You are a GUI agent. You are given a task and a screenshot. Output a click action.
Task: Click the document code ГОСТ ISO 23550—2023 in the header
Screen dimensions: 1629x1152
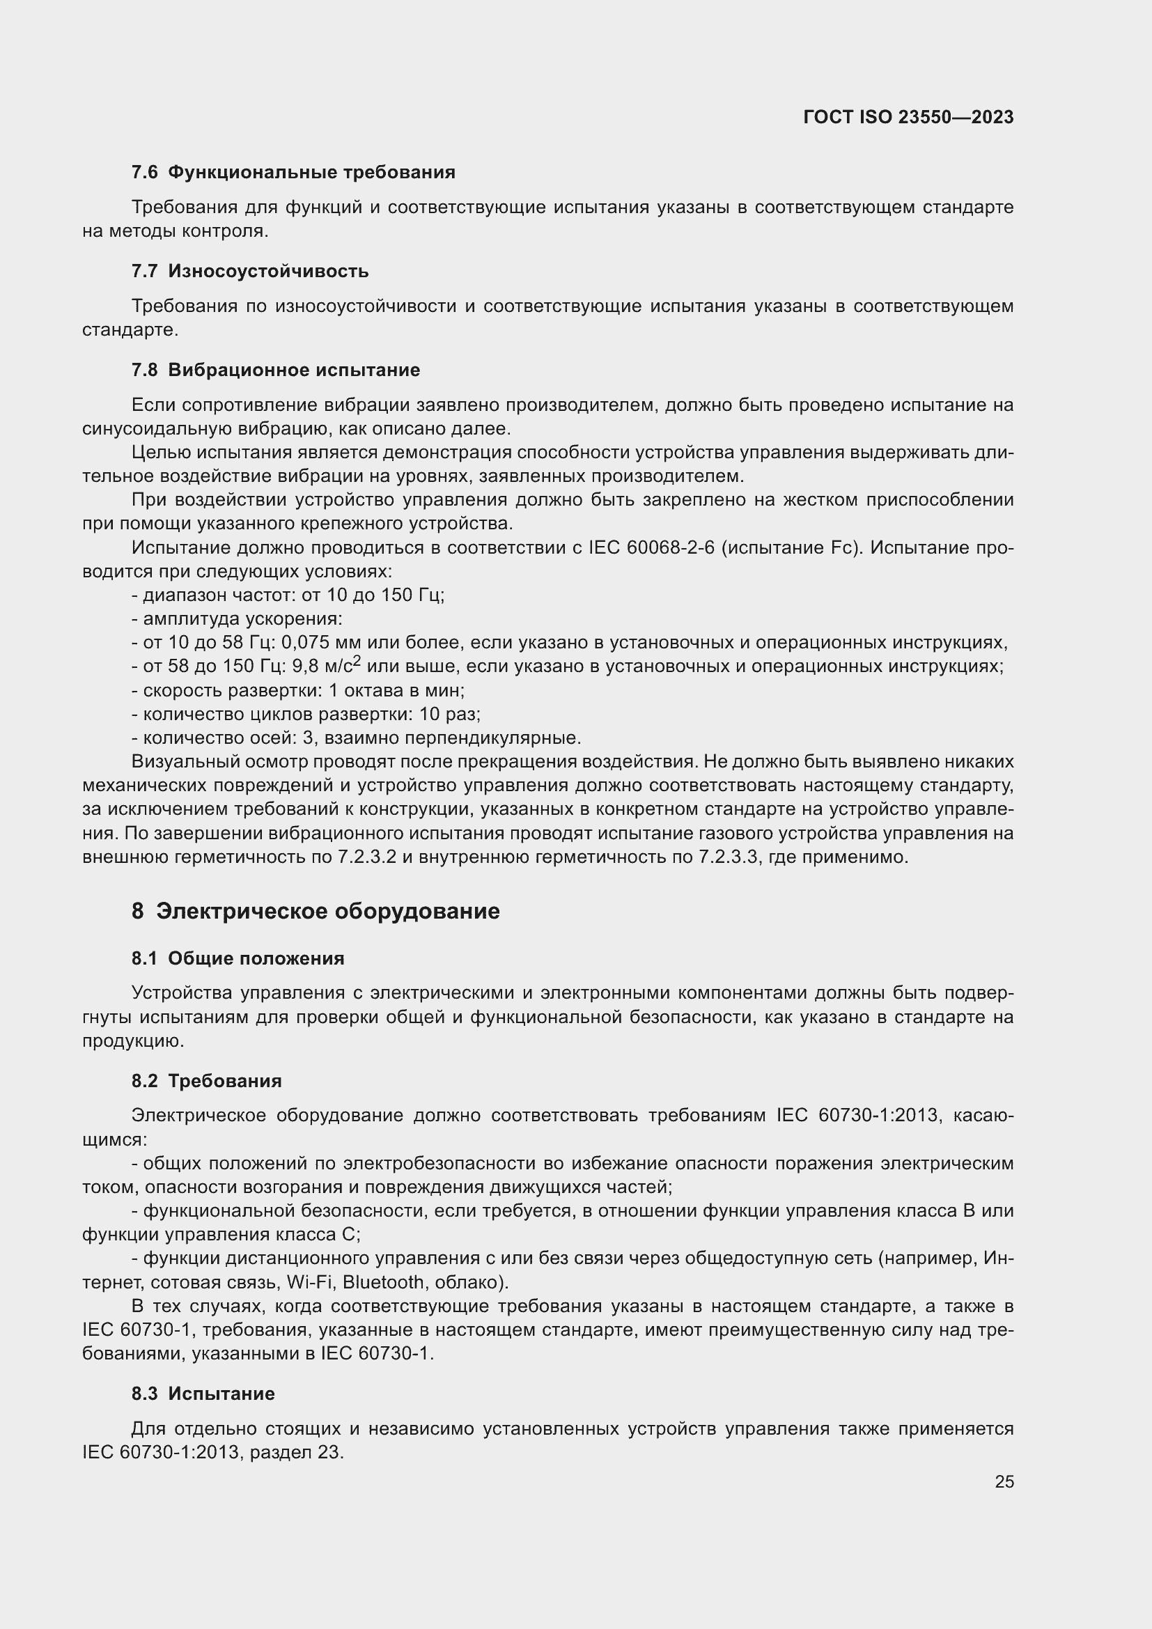click(908, 117)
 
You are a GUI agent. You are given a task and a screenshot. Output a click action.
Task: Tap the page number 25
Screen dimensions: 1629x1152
click(1004, 1481)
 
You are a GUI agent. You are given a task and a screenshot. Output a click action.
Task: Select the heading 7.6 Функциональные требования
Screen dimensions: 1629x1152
click(293, 173)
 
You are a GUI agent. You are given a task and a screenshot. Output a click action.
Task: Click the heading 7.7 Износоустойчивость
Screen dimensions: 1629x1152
click(250, 271)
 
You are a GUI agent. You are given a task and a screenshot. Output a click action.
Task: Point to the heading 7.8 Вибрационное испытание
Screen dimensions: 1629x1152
click(275, 370)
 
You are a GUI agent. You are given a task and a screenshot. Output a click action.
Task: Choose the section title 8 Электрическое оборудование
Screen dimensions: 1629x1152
click(315, 911)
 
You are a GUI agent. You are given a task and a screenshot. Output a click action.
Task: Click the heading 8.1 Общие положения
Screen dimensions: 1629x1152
click(238, 958)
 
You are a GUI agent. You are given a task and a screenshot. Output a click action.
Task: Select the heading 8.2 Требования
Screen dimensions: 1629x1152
click(206, 1081)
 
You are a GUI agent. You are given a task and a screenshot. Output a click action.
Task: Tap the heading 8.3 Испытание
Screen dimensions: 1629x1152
click(203, 1394)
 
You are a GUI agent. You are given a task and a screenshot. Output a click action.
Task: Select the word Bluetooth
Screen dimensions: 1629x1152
click(383, 1282)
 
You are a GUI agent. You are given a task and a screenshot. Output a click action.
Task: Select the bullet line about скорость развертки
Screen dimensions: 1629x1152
click(298, 690)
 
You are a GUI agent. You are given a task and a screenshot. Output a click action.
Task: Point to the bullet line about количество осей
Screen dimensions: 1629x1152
click(356, 738)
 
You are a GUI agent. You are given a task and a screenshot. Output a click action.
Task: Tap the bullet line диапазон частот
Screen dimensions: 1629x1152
click(288, 595)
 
